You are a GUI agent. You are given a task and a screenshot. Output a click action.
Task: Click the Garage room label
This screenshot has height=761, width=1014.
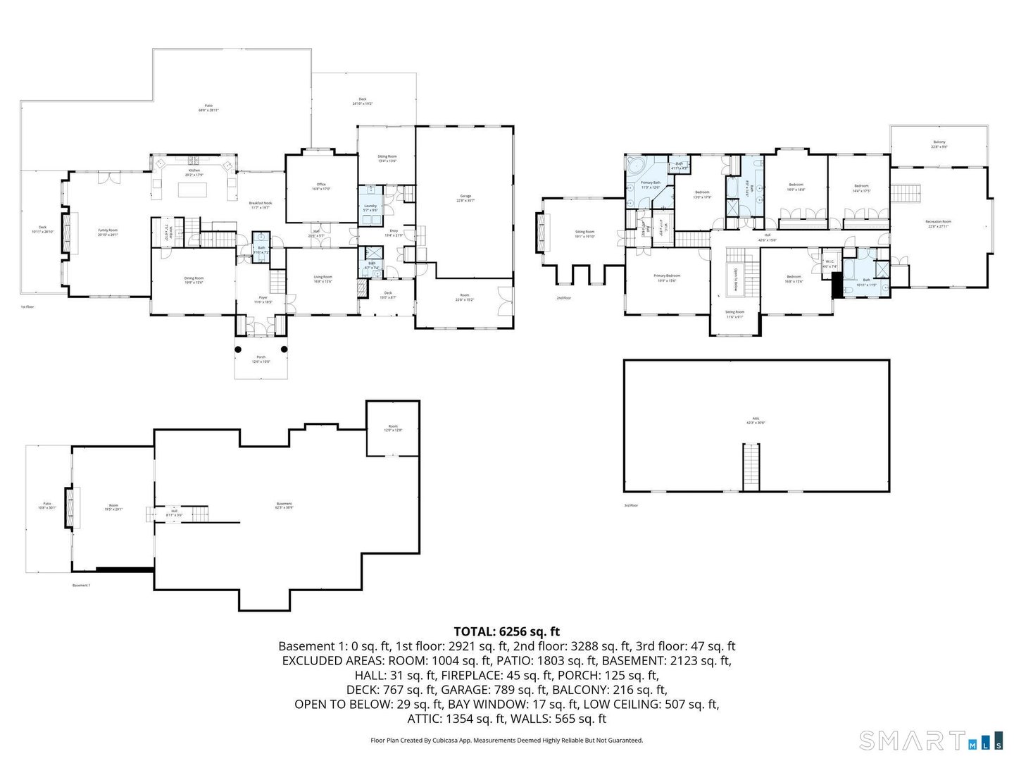tap(465, 196)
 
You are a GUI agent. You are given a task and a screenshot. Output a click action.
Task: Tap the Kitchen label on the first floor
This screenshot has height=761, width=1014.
tap(193, 171)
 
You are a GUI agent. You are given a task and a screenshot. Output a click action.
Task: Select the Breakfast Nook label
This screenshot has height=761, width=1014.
tap(260, 203)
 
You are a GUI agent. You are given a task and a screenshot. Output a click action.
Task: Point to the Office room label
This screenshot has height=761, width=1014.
tap(321, 185)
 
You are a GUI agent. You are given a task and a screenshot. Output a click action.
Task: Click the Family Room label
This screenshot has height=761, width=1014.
tap(108, 230)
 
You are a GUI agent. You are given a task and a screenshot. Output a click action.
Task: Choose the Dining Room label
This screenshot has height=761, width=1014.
tap(194, 278)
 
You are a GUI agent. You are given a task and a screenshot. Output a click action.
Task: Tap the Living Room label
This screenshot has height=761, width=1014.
tap(323, 277)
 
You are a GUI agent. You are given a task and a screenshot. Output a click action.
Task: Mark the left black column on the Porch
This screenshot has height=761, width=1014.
tap(238, 349)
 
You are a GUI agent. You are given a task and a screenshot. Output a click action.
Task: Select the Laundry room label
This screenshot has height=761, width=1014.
tap(370, 206)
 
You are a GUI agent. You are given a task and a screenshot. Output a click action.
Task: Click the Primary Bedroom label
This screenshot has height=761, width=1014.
tap(667, 276)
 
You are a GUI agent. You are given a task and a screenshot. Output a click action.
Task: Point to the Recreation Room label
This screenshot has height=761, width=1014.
tap(938, 222)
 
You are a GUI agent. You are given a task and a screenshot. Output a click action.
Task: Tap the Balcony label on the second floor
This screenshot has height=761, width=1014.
tap(939, 142)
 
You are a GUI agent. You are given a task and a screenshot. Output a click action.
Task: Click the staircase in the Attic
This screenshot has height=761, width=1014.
tap(752, 466)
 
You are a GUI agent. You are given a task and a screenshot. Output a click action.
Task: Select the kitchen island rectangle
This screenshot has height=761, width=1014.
tap(193, 190)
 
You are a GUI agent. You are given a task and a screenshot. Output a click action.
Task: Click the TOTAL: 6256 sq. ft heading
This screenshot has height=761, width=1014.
tap(506, 631)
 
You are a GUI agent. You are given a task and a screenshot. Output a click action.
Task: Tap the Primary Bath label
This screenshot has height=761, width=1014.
tap(650, 183)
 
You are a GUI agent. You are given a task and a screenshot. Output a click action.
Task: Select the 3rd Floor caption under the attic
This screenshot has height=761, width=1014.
tap(630, 505)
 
